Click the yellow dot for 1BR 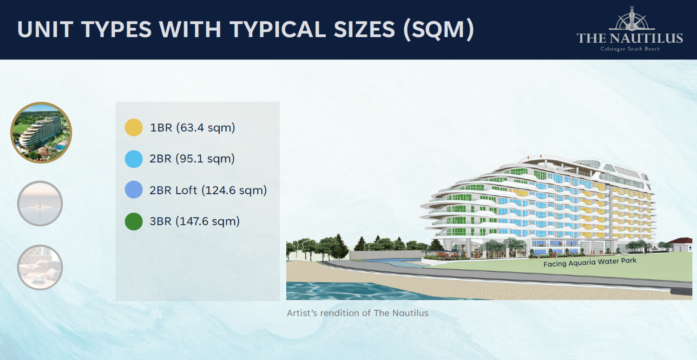click(x=134, y=127)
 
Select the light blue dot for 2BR click(x=134, y=159)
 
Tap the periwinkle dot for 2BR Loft click(x=134, y=190)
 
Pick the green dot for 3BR click(x=134, y=221)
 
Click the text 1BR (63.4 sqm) click(x=192, y=128)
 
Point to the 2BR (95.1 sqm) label click(x=192, y=159)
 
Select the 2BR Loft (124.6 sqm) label click(x=208, y=190)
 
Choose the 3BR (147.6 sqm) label click(x=195, y=221)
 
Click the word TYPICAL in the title click(x=278, y=29)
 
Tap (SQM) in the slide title click(x=439, y=30)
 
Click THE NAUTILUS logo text click(x=630, y=38)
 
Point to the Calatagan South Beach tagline click(x=630, y=49)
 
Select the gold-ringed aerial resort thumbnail click(x=41, y=132)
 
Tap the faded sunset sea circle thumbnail click(x=40, y=203)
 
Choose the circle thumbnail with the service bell click(x=40, y=267)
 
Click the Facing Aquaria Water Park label click(x=590, y=262)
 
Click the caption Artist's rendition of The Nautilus click(x=357, y=313)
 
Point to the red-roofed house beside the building click(x=681, y=244)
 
